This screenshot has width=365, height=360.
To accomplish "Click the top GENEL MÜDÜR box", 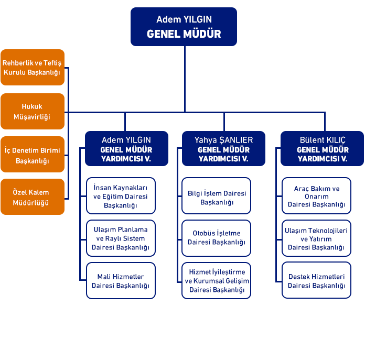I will click(x=184, y=27).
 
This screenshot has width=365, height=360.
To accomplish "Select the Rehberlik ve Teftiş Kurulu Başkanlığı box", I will click(x=33, y=68).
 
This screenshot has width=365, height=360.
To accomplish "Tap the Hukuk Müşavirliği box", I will click(x=33, y=111).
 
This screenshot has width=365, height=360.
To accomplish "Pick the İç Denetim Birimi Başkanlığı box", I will click(x=33, y=155).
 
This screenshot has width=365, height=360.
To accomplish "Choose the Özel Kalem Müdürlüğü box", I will click(x=33, y=198).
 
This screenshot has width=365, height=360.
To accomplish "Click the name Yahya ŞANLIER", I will click(x=223, y=140).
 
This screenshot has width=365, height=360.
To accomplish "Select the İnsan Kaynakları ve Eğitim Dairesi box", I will click(x=121, y=196).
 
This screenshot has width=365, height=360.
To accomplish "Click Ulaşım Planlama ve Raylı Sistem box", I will click(x=121, y=238).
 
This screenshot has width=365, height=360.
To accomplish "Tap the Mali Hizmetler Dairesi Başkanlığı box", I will click(x=121, y=281).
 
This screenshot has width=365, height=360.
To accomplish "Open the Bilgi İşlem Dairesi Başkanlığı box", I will click(x=217, y=196).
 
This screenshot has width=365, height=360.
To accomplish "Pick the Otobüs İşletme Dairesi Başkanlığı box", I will click(x=217, y=238).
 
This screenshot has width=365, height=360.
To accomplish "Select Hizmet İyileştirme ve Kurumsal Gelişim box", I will click(x=217, y=281).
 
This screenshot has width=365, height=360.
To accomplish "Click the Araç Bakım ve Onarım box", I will click(x=316, y=196).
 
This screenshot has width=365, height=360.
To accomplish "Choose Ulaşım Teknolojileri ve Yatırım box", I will click(x=316, y=238).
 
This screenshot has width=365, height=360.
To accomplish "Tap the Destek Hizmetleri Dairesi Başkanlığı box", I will click(x=316, y=281).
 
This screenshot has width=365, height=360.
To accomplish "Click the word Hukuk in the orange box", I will click(x=32, y=106).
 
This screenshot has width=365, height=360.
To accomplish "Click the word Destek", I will click(x=299, y=276).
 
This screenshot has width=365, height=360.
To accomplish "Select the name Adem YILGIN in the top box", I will click(x=184, y=20).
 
